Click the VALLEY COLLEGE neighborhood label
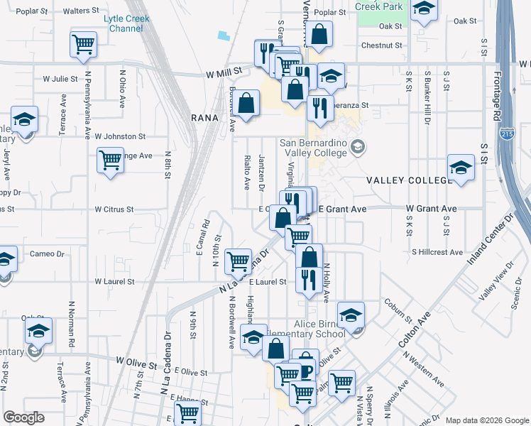coord(409,181)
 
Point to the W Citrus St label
coord(114,209)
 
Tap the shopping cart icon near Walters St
coord(83,44)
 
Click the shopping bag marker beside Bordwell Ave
coord(246,104)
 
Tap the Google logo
coord(24,417)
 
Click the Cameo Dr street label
coord(47,253)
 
